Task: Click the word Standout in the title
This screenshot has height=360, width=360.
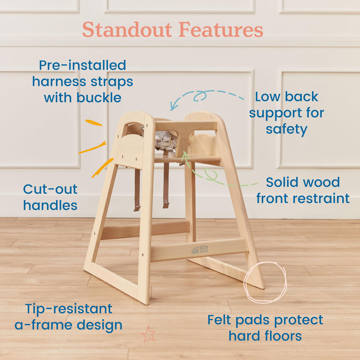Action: coord(127,30)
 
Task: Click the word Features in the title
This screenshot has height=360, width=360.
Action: coord(221,30)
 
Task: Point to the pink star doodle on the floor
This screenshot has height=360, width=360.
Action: coord(148,334)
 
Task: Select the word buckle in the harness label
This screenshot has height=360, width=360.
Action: coord(99,98)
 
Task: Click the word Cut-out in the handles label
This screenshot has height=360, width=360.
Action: coord(50,189)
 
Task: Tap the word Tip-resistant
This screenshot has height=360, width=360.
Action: coord(69,309)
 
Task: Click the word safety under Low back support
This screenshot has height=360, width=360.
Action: coord(286,129)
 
